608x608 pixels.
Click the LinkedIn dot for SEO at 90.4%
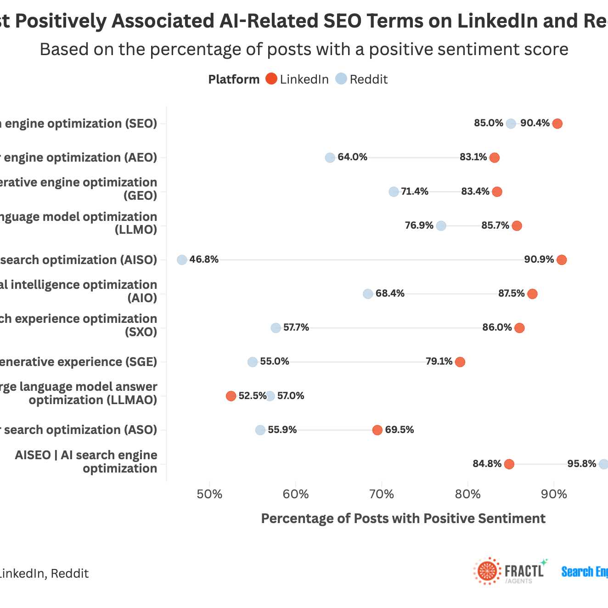click(557, 124)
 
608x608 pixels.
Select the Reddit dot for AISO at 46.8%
click(182, 260)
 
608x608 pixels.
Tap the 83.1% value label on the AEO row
click(473, 157)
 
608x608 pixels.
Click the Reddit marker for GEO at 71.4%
click(394, 191)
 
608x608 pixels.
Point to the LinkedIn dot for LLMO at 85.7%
click(517, 225)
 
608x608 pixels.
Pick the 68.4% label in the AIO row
click(390, 293)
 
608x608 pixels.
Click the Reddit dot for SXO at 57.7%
click(276, 328)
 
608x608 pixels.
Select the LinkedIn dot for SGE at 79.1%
click(460, 362)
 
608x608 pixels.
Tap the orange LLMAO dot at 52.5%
click(231, 396)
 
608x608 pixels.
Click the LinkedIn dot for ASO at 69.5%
click(377, 430)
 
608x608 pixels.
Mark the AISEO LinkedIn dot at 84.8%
click(509, 464)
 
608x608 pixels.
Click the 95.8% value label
click(581, 464)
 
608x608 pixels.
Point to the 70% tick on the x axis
click(382, 495)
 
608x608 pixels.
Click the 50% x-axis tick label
click(209, 495)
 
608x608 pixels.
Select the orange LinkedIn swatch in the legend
click(271, 79)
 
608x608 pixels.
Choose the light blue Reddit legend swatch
click(341, 79)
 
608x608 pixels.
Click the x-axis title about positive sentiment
click(403, 518)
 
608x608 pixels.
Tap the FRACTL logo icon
click(487, 571)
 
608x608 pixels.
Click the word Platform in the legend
click(234, 79)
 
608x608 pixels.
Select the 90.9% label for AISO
click(539, 259)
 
